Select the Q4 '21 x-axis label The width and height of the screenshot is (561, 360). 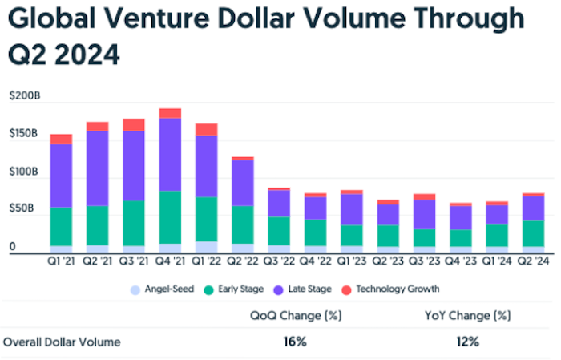[x=170, y=261]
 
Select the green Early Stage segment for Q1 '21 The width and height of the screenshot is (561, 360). [x=61, y=226]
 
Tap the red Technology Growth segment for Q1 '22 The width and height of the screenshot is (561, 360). [x=207, y=130]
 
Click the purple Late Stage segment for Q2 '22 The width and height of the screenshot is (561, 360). [x=243, y=183]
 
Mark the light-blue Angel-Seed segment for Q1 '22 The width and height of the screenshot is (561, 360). [x=207, y=247]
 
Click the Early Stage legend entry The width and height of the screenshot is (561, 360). [x=240, y=289]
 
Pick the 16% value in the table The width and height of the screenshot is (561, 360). [x=295, y=342]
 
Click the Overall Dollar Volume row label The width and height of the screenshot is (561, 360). [x=62, y=342]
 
